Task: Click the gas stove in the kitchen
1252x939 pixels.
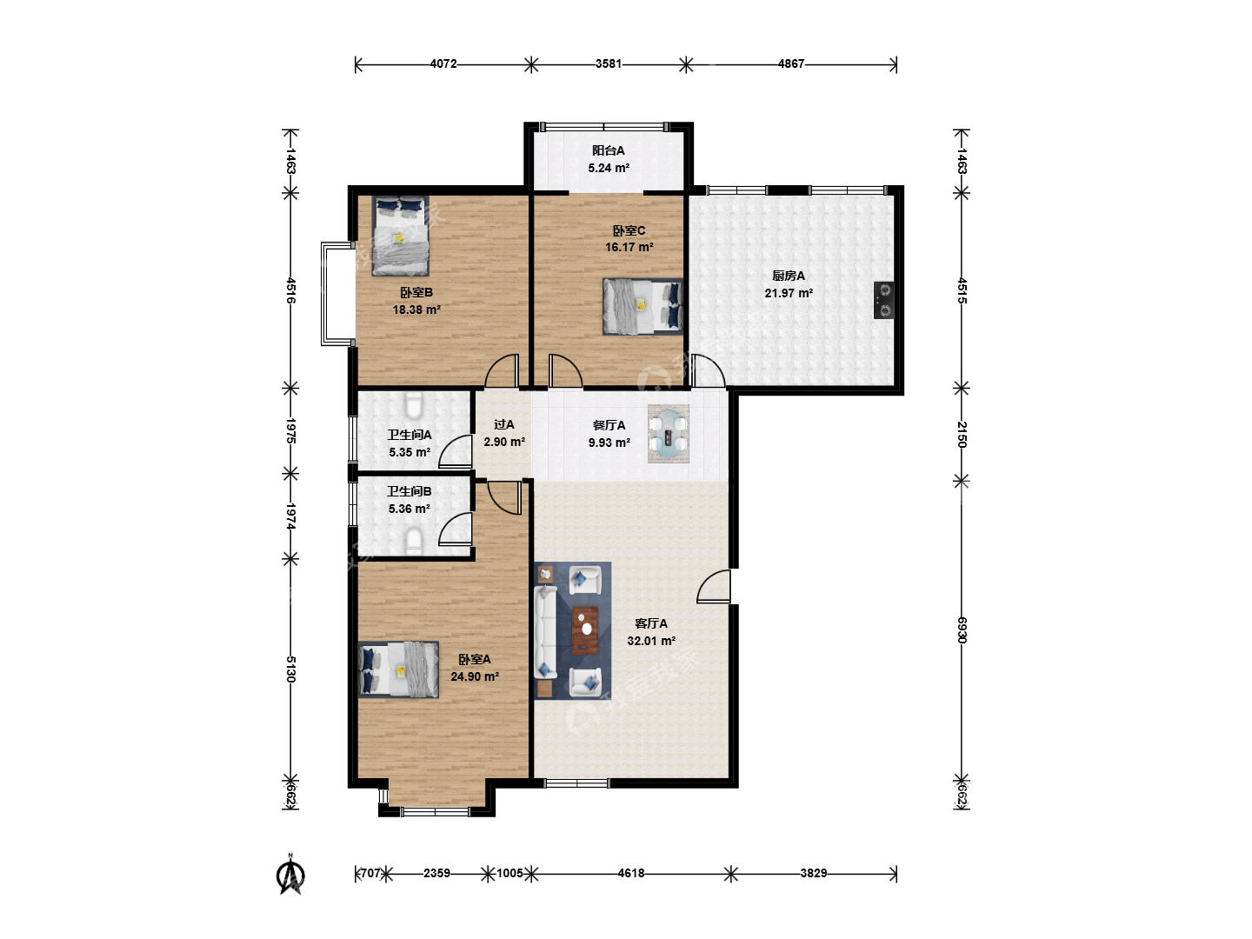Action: [883, 300]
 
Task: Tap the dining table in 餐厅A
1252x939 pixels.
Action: [668, 434]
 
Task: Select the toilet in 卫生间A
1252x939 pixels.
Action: [413, 406]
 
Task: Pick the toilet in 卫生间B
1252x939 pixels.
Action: [413, 541]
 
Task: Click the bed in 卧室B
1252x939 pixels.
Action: [401, 236]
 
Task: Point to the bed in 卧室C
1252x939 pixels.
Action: [643, 306]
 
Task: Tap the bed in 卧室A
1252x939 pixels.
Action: [399, 669]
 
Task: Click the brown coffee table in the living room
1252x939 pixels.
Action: [585, 629]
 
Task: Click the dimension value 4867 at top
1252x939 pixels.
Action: [790, 63]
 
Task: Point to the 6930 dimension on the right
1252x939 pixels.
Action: [962, 629]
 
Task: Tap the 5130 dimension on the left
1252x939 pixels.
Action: [290, 669]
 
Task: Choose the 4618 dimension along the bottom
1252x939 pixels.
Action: [631, 873]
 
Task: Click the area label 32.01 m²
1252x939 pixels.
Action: [651, 641]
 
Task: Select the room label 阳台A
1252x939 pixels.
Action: [608, 150]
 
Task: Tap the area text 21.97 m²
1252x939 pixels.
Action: [789, 293]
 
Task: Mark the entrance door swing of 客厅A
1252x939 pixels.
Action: [713, 586]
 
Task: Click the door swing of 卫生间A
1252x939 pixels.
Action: [456, 451]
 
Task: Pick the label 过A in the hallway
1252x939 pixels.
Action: [504, 425]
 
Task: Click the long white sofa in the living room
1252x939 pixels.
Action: [545, 633]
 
